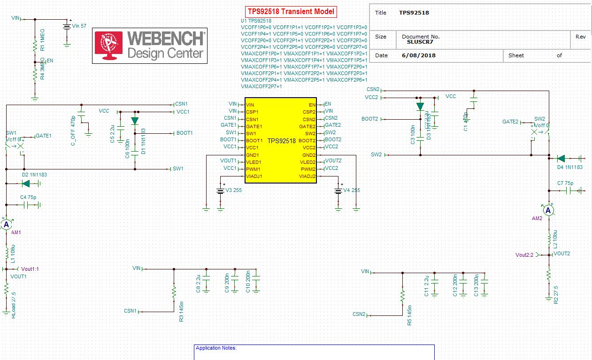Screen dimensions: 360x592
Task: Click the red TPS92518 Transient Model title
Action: [x=291, y=12]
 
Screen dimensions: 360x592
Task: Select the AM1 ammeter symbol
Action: [x=7, y=225]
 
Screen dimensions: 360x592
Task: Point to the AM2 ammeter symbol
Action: [x=548, y=210]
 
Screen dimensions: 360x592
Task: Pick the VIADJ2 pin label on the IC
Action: [x=307, y=176]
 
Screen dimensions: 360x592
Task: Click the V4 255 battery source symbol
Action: [x=338, y=191]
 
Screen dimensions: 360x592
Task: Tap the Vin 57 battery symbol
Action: [x=67, y=26]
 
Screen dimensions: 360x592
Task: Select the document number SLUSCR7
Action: [x=420, y=42]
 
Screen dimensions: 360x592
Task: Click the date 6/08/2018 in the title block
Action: [x=419, y=55]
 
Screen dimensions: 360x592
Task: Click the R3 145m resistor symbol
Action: [x=174, y=293]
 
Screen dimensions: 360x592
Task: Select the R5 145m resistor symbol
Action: [x=402, y=297]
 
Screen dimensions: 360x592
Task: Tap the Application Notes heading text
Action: [x=216, y=348]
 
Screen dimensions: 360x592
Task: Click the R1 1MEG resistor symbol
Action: [x=35, y=46]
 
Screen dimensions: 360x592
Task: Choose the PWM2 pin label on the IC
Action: [x=308, y=169]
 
